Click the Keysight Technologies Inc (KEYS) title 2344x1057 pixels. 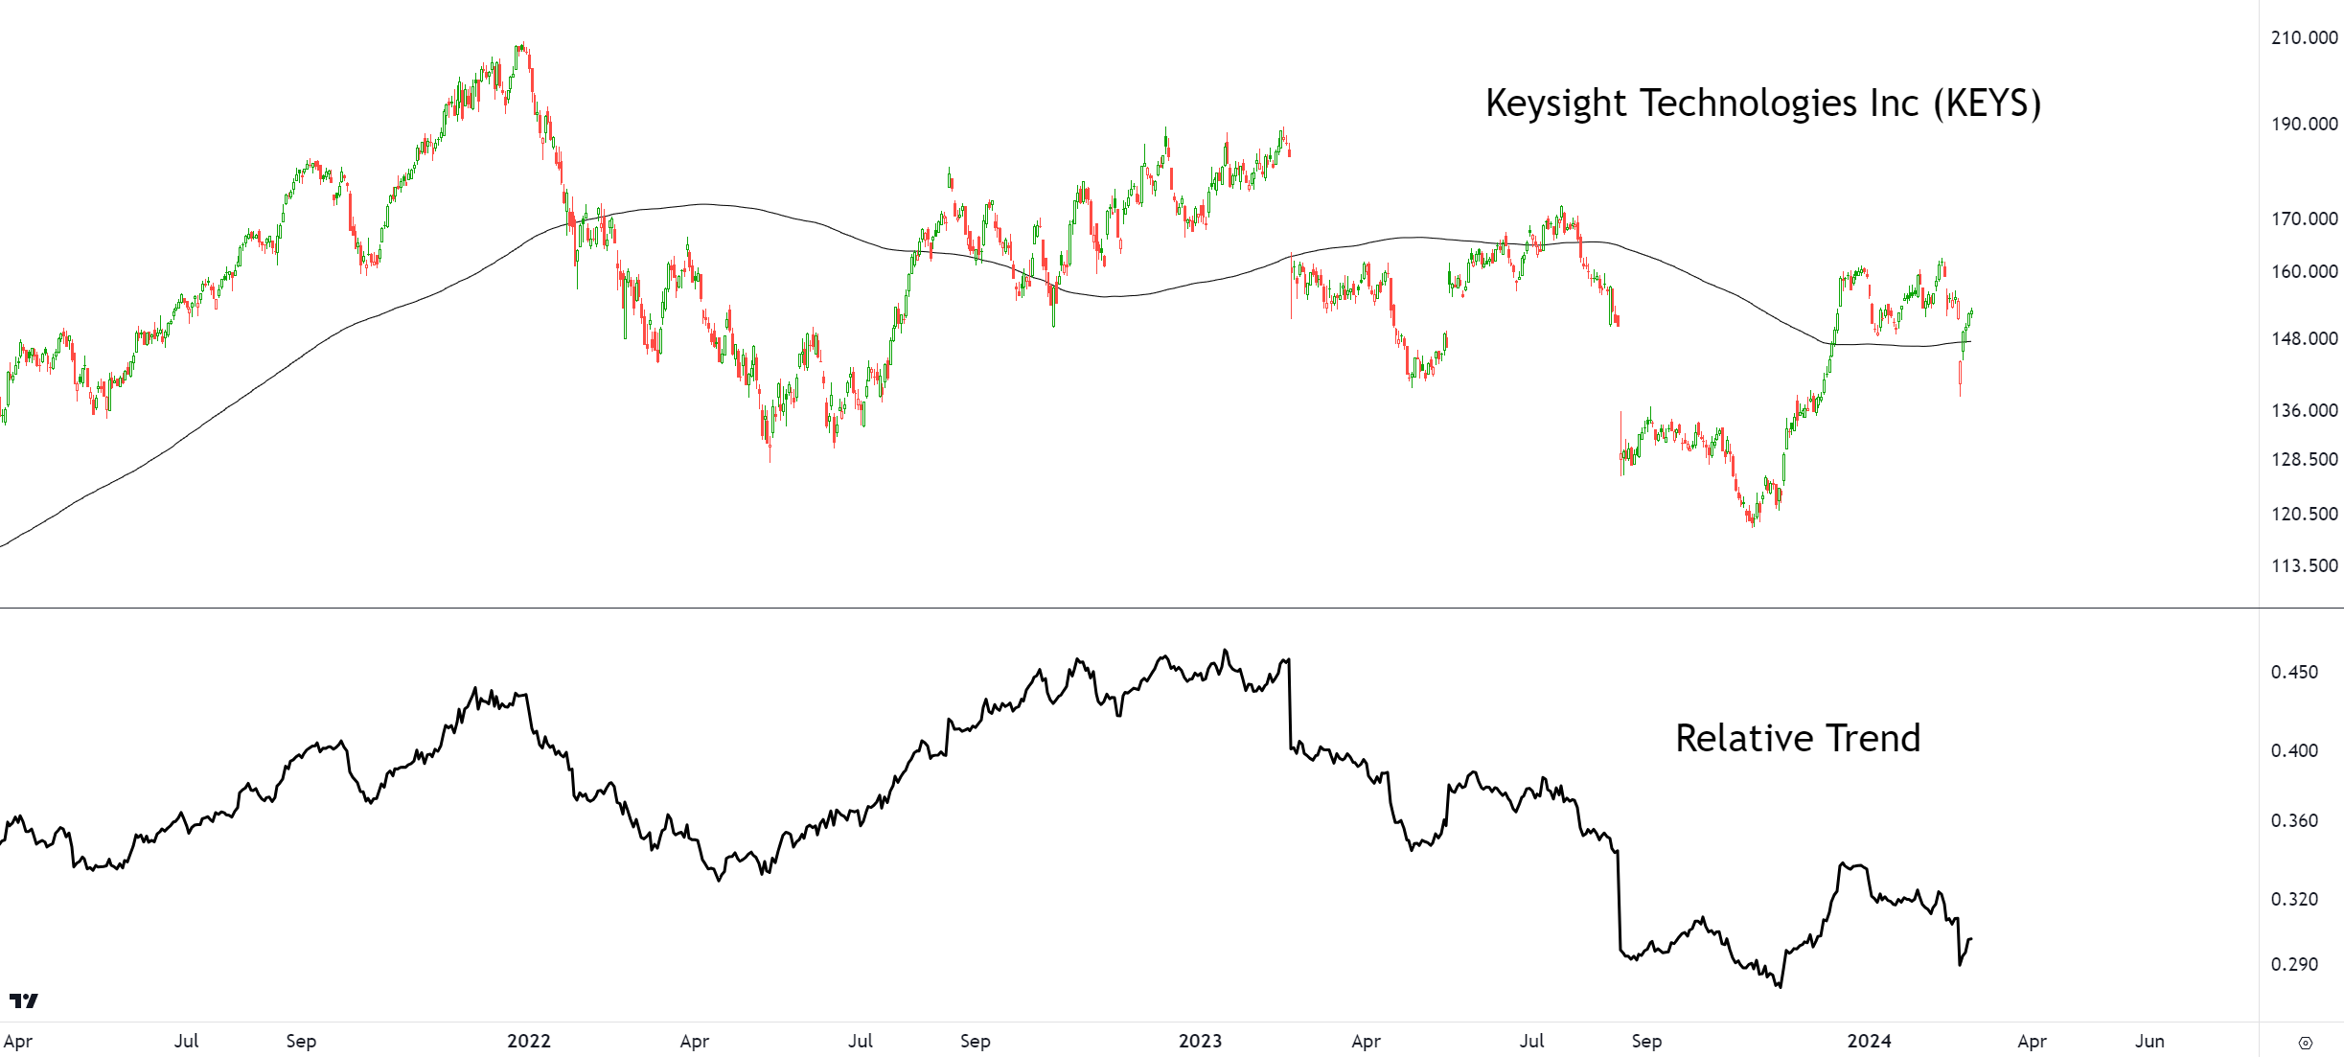click(1762, 103)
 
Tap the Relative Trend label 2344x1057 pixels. click(1798, 739)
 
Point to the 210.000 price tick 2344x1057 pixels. click(2304, 37)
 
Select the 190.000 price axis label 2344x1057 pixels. click(2304, 124)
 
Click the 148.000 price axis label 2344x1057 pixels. click(2304, 338)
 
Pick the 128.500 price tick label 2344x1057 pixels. click(2304, 459)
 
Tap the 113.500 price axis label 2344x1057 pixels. click(2304, 565)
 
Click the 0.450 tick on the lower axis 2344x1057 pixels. click(2294, 672)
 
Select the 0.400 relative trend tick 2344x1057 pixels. click(2294, 750)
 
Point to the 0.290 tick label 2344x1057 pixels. click(2294, 964)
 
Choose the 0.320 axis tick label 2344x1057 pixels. click(2294, 899)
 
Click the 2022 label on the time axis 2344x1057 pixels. click(529, 1041)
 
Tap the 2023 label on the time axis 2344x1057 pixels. click(1200, 1041)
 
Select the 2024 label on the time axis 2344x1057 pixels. click(1869, 1041)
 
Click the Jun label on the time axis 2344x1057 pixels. click(2149, 1041)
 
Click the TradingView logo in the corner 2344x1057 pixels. click(24, 1000)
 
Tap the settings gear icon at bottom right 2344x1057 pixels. click(2306, 1043)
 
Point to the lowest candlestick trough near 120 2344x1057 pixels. click(1753, 524)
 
